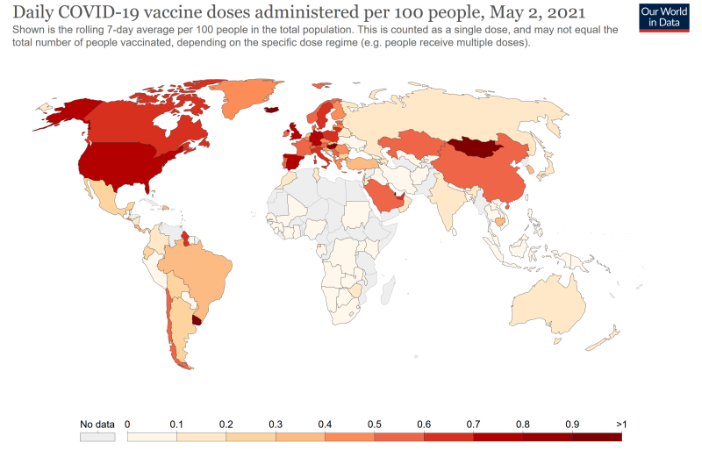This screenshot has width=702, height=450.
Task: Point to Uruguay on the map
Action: [x=198, y=321]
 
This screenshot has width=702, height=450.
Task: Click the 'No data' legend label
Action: [x=97, y=425]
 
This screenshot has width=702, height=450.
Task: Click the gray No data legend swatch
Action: [x=97, y=436]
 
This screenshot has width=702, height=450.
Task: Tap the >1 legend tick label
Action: [x=621, y=425]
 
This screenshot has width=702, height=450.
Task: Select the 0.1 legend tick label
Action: [x=176, y=425]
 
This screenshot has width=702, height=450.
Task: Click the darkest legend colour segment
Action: [x=597, y=436]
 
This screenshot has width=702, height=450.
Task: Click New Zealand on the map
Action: [x=605, y=338]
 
